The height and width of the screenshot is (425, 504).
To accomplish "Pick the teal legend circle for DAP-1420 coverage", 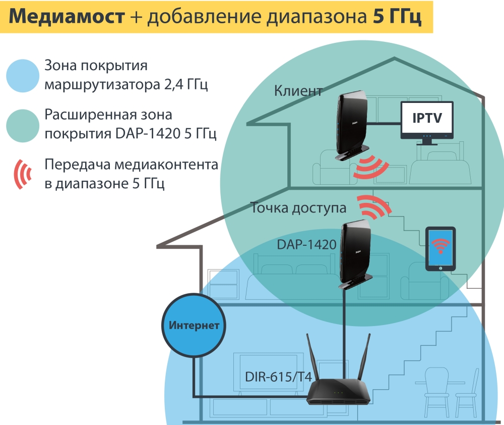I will point(23,125).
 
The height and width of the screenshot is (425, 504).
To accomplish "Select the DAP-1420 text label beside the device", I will point(306,245).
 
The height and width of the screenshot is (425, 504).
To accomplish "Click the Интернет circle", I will point(194,325).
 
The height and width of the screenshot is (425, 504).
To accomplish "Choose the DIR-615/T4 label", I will point(278,377).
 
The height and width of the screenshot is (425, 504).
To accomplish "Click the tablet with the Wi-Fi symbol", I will point(441,249).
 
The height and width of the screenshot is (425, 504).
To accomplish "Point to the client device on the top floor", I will point(351,126).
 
